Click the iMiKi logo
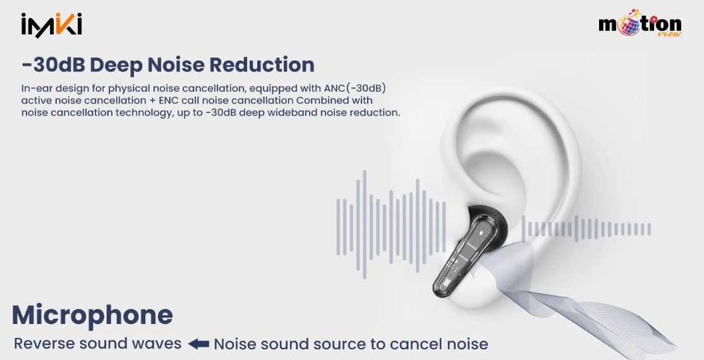tap(51, 25)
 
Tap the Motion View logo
tap(640, 23)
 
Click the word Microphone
tap(92, 315)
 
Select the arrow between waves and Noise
tap(198, 344)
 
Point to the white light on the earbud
tap(482, 233)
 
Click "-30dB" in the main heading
tap(53, 64)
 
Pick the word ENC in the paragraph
tap(168, 100)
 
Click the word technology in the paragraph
tap(143, 112)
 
